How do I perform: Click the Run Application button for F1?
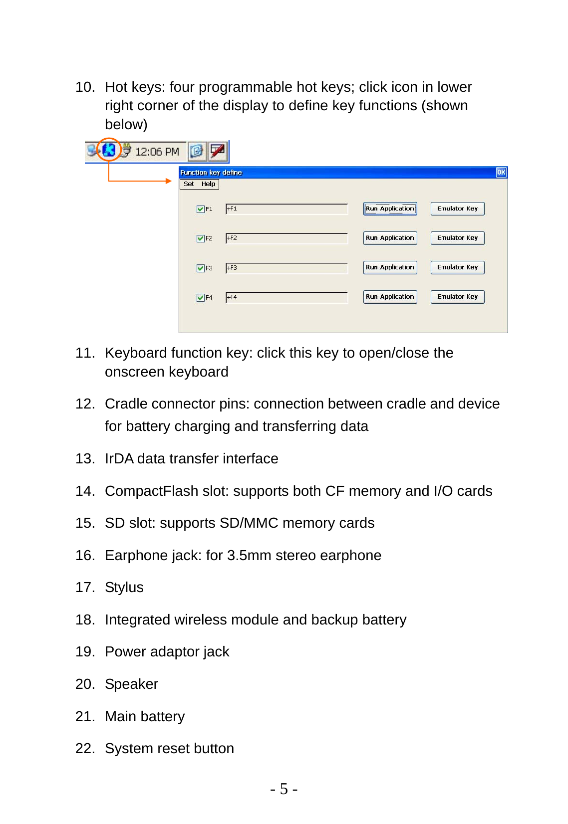[390, 208]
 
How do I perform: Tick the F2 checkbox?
[200, 238]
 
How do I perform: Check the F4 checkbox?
[200, 298]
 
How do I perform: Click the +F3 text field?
[286, 268]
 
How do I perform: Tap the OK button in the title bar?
[501, 172]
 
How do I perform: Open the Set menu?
[189, 184]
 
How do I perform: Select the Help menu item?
[208, 184]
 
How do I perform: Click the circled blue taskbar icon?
[109, 150]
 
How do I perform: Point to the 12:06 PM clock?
[157, 152]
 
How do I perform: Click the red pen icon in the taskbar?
[218, 151]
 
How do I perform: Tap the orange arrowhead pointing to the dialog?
[169, 181]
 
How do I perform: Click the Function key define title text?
[211, 173]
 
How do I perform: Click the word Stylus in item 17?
[124, 588]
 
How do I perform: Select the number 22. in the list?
[85, 748]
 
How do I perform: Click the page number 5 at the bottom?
[284, 789]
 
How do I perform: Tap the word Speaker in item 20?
[131, 684]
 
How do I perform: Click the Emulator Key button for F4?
[457, 297]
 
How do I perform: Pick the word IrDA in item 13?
[119, 458]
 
